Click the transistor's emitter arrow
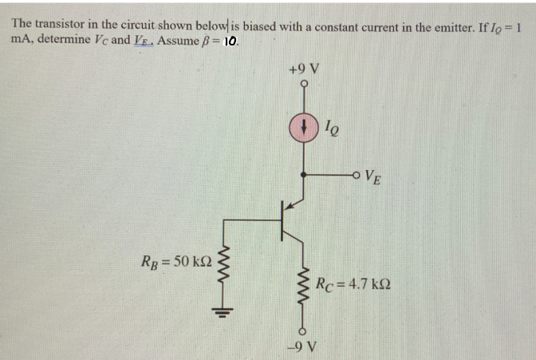(x=294, y=205)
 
